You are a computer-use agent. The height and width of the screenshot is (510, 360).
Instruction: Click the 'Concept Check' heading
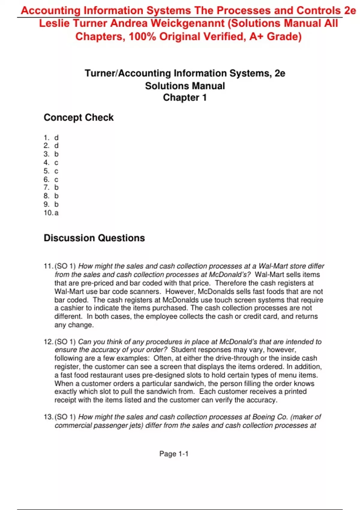tap(79, 117)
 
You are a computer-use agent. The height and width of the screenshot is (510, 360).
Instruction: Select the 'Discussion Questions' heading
tap(94, 238)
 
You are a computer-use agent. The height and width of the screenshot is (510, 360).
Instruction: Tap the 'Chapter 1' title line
tap(185, 97)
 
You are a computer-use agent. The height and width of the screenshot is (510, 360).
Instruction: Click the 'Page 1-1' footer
tap(174, 454)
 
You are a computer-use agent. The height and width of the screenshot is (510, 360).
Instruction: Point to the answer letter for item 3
tap(56, 154)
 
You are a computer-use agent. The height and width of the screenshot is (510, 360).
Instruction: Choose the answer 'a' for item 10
tap(57, 213)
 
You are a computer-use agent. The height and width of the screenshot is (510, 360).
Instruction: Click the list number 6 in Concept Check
tap(46, 179)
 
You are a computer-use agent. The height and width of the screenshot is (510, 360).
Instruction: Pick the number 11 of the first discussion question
tap(48, 266)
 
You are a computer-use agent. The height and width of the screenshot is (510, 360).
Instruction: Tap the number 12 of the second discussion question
tap(48, 342)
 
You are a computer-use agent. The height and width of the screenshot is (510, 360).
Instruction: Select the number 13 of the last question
tap(48, 417)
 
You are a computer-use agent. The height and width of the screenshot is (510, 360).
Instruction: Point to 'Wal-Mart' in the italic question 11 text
tap(273, 266)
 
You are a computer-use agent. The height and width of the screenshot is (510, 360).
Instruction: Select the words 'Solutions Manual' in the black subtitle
tap(185, 86)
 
